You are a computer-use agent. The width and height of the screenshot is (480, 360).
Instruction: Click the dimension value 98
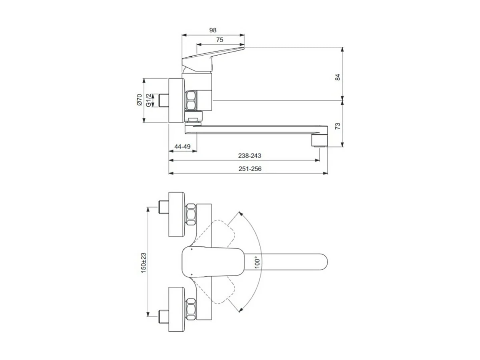tap(213, 30)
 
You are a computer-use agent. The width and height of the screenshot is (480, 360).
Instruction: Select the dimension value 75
tap(219, 40)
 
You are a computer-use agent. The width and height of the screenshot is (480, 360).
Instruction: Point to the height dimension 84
tap(337, 77)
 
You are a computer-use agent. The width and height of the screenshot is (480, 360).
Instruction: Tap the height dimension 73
tap(337, 126)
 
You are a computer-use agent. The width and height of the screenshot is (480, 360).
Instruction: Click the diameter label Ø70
tap(139, 100)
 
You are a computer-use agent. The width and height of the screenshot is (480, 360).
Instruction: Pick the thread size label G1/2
tap(148, 100)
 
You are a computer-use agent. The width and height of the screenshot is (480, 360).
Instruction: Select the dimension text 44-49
tap(182, 147)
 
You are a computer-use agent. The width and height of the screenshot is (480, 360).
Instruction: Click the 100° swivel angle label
tap(258, 262)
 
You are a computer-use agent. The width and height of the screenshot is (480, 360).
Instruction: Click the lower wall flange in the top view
tap(177, 308)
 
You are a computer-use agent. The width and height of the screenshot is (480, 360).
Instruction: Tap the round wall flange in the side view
tap(176, 100)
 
